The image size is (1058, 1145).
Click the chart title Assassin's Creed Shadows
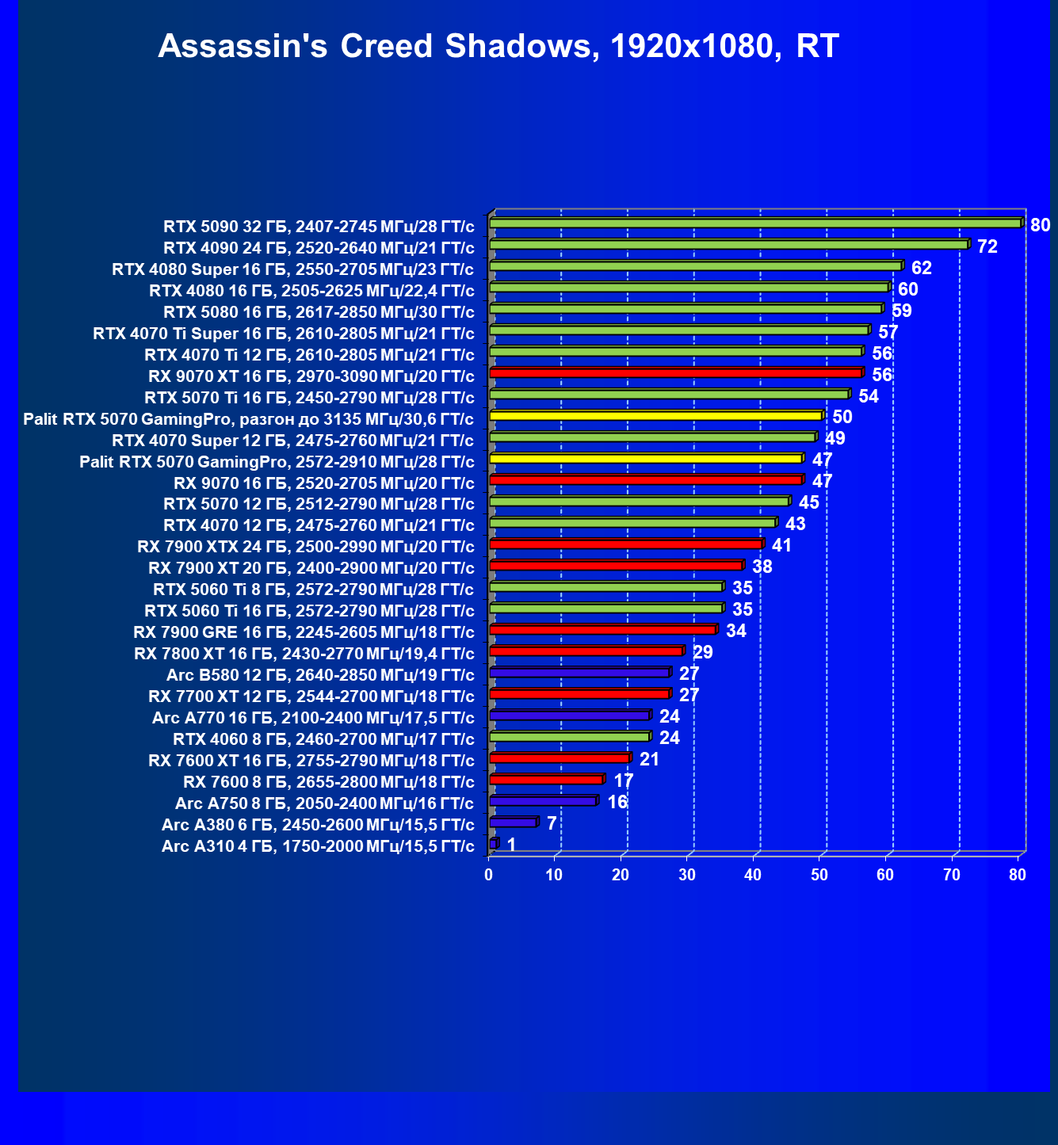498,47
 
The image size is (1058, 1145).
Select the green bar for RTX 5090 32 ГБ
755,223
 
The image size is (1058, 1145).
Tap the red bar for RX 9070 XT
675,372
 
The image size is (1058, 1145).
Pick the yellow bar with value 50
655,415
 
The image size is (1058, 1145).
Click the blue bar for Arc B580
579,672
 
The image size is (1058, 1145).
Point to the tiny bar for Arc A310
494,843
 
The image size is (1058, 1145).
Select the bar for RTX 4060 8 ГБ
569,737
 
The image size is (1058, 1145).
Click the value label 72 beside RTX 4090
987,246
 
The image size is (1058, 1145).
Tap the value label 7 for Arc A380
552,823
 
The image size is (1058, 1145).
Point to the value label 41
781,545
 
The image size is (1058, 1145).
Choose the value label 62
921,268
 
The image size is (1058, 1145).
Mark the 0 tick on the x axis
489,875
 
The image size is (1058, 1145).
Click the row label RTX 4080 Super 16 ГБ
293,269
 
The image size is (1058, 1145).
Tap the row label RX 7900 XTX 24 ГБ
306,547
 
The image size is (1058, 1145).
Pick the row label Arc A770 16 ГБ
313,718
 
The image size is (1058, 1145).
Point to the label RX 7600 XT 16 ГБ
311,761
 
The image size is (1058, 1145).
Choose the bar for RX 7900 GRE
602,629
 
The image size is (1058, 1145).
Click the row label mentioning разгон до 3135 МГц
249,419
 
